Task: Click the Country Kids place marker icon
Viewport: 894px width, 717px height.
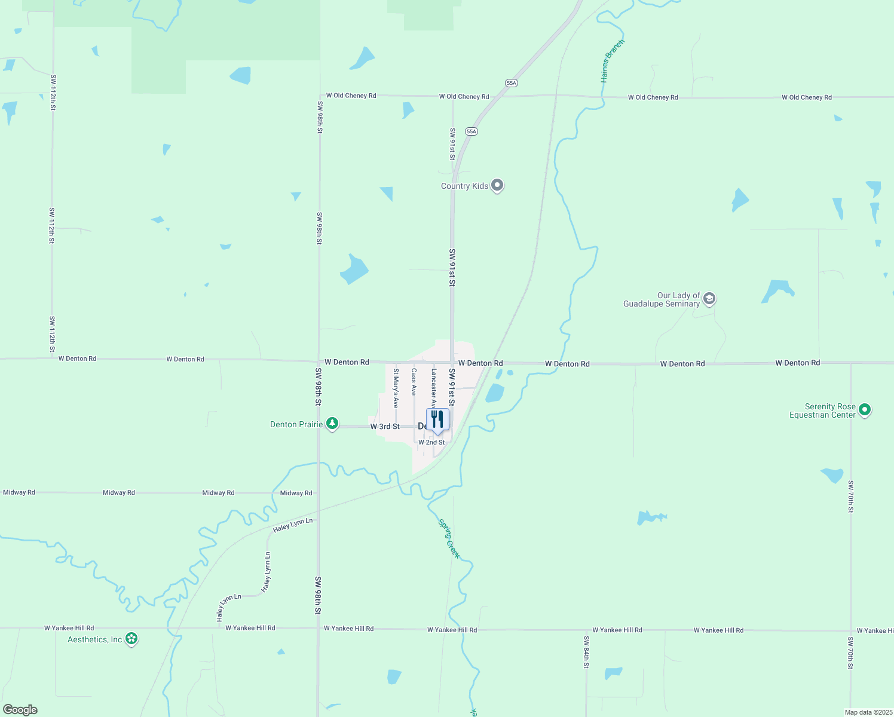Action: click(497, 185)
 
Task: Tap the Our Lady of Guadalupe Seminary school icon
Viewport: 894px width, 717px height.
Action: click(709, 299)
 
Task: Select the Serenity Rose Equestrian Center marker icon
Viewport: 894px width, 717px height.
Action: click(865, 410)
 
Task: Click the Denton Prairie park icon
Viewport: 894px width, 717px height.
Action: click(332, 424)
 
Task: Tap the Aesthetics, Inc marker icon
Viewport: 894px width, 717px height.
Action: click(132, 639)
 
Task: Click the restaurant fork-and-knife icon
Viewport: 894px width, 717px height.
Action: click(437, 420)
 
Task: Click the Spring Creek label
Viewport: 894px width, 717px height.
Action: click(449, 539)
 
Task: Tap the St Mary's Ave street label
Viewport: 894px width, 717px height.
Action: click(396, 388)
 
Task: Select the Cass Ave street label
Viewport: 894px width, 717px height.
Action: click(414, 382)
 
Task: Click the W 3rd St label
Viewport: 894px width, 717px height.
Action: click(385, 427)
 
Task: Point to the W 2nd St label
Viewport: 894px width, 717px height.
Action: click(431, 442)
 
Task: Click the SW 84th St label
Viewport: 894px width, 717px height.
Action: click(586, 652)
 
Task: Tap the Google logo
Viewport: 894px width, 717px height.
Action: click(20, 710)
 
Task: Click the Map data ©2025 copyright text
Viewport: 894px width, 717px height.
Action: click(868, 712)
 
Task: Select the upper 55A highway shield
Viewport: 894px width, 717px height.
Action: click(511, 83)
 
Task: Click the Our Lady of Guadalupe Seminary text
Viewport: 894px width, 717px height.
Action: click(662, 299)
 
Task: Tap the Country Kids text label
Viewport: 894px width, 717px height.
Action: click(464, 186)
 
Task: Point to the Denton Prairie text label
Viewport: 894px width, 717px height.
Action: click(296, 424)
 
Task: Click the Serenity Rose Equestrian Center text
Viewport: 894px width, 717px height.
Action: click(823, 411)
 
